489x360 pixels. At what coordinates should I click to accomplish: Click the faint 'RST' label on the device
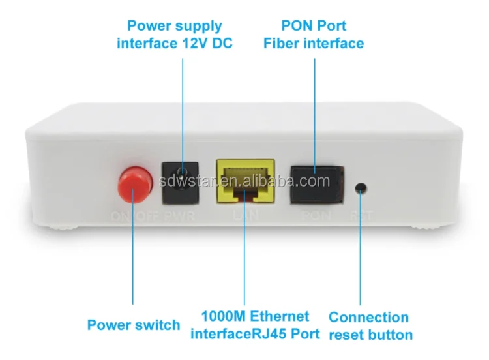pos(359,215)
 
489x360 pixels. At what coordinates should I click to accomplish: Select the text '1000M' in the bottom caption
pos(219,317)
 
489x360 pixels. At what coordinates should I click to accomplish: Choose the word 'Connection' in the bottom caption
pos(368,318)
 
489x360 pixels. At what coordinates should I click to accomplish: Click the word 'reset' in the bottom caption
pos(347,335)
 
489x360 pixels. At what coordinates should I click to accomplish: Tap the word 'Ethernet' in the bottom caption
pos(280,317)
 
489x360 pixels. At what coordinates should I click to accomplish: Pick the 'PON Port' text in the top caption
pos(314,26)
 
